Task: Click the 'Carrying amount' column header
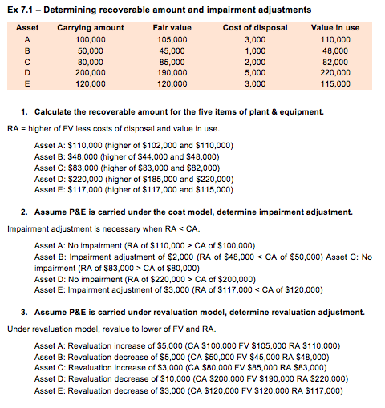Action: pyautogui.click(x=91, y=28)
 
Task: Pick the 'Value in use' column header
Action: pyautogui.click(x=335, y=28)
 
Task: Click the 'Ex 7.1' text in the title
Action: pyautogui.click(x=19, y=9)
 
